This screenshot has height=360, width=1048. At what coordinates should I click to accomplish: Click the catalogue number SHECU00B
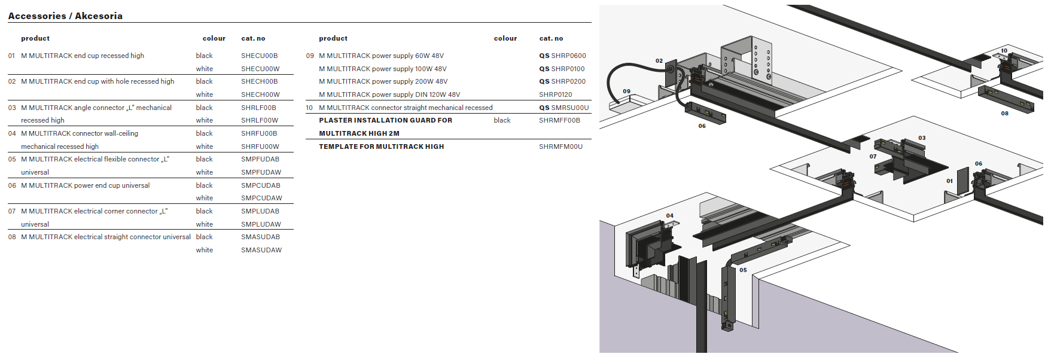[x=259, y=56]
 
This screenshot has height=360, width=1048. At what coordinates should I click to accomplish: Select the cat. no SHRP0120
[x=555, y=94]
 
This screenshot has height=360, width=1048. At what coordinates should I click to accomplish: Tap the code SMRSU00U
[x=569, y=108]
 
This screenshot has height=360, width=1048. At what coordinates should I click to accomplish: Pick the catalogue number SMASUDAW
[x=261, y=250]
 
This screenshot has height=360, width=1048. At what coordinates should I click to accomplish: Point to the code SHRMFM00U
[x=560, y=147]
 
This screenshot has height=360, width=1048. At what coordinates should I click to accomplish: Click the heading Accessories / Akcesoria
[x=65, y=16]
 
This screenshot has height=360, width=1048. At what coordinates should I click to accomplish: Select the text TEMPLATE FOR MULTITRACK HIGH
[x=382, y=147]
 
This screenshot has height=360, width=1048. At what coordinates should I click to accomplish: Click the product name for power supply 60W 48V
[x=382, y=56]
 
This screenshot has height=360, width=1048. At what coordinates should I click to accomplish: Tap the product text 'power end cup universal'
[x=112, y=185]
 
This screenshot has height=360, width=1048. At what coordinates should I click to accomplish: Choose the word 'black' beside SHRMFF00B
[x=502, y=120]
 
